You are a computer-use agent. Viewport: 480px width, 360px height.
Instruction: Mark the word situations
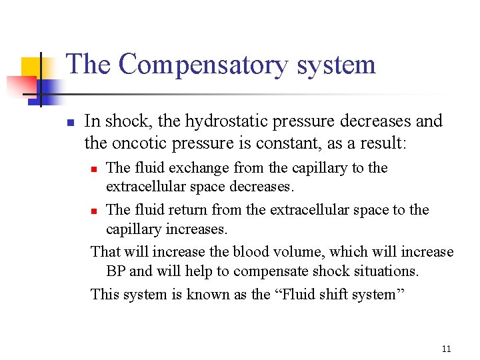point(385,272)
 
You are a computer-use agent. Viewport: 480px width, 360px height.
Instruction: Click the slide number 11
point(446,349)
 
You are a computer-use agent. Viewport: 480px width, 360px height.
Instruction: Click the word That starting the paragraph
point(105,252)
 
